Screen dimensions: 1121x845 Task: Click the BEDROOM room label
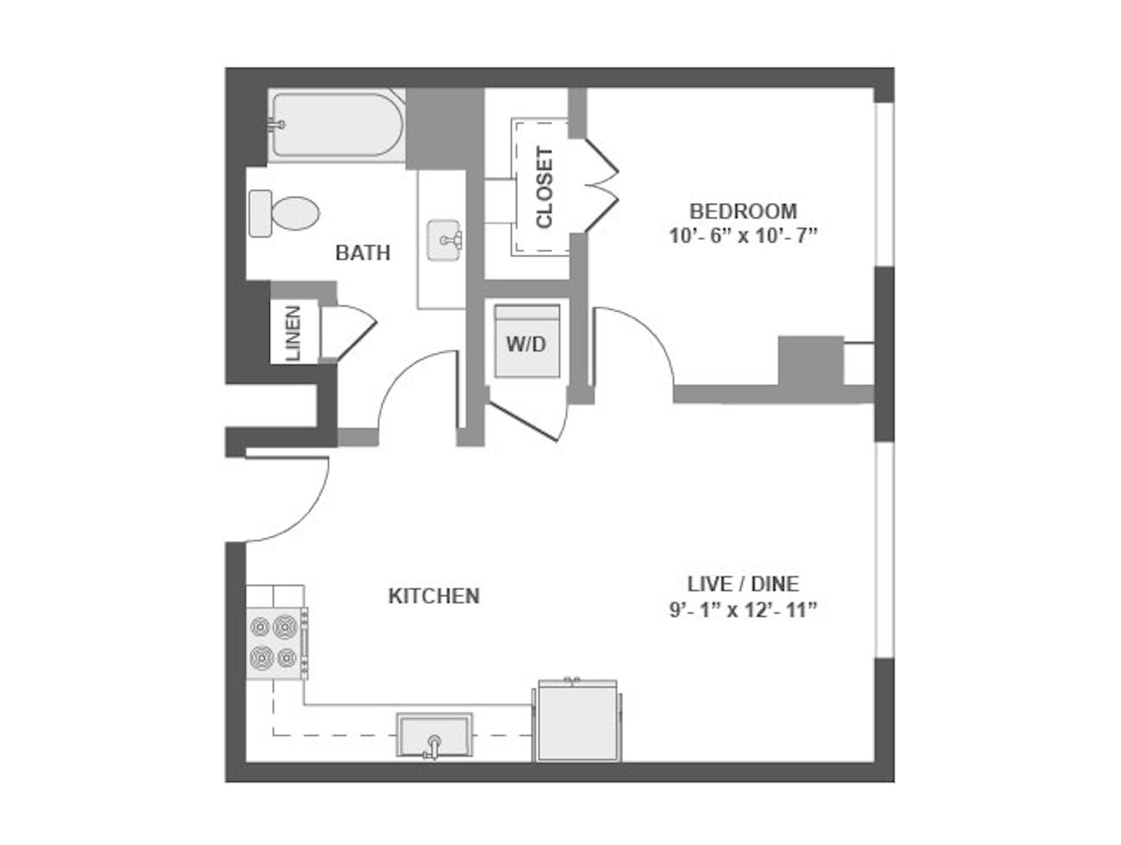(x=743, y=211)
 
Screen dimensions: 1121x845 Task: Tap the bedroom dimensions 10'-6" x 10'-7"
(x=743, y=236)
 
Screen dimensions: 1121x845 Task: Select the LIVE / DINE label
(x=743, y=584)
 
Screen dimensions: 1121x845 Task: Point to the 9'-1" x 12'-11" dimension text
(x=743, y=610)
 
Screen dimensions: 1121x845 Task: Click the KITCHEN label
(x=434, y=596)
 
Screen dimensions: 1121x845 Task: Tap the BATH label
(x=363, y=253)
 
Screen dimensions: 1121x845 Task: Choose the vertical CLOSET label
(x=544, y=187)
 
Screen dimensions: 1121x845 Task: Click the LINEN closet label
(x=293, y=333)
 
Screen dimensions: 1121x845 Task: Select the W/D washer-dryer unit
(x=527, y=341)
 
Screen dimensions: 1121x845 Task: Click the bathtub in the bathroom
(x=337, y=124)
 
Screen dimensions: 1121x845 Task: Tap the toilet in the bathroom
(x=284, y=213)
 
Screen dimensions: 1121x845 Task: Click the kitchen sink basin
(x=434, y=735)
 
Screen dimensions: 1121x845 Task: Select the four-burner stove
(x=277, y=643)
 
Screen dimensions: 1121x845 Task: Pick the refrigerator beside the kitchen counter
(x=577, y=721)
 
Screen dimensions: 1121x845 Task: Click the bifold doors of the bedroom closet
(x=601, y=186)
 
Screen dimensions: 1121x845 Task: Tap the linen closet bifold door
(x=349, y=332)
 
